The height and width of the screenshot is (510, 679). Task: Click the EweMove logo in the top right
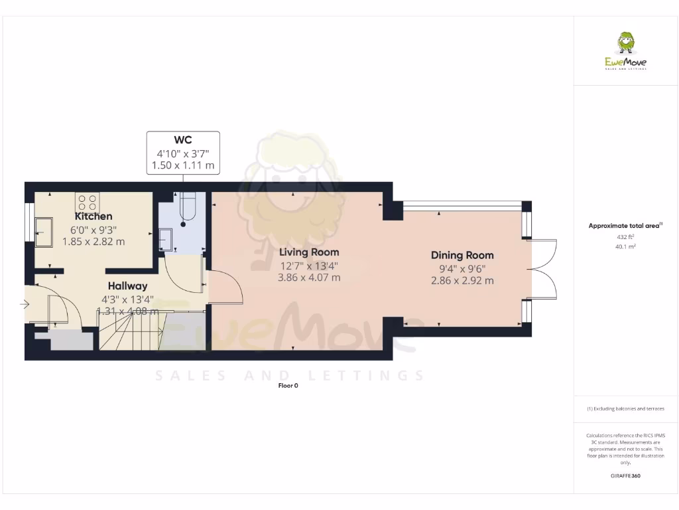click(626, 52)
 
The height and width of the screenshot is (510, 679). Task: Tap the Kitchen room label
click(93, 216)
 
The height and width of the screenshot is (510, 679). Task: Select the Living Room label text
click(309, 252)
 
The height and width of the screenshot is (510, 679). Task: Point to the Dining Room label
click(462, 255)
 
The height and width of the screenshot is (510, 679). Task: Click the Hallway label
click(128, 286)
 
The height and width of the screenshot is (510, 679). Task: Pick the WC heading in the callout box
click(183, 140)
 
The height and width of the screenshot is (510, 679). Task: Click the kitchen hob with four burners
click(87, 201)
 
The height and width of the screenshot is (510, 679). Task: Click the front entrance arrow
click(25, 305)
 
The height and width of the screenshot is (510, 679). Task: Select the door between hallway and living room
click(221, 288)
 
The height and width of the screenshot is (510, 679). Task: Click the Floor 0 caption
click(288, 386)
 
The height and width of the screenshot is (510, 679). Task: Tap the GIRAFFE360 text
click(625, 475)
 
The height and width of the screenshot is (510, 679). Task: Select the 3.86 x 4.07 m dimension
click(309, 278)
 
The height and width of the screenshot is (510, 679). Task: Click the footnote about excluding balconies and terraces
click(625, 408)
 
